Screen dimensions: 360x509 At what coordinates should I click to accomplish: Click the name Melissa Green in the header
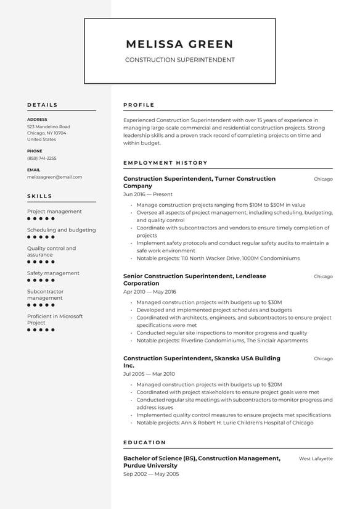point(179,44)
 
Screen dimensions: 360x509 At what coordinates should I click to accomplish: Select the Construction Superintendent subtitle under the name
point(179,60)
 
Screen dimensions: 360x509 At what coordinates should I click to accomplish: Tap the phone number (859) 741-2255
point(42,158)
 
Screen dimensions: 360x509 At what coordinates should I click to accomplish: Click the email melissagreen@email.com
point(54,176)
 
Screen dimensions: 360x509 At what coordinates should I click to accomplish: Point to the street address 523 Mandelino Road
point(49,126)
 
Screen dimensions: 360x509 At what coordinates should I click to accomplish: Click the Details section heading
point(43,105)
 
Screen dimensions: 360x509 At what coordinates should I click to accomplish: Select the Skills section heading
point(40,196)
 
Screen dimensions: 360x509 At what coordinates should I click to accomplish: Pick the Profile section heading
point(139,105)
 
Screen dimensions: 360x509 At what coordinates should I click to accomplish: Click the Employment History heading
point(165,163)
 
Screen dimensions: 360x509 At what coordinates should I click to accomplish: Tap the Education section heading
point(145,442)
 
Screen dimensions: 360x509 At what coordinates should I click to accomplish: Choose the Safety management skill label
point(53,273)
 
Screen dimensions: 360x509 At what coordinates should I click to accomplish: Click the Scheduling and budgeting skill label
point(62,230)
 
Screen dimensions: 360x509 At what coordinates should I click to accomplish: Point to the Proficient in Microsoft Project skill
point(55,320)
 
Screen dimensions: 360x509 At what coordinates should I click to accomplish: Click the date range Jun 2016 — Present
point(148,194)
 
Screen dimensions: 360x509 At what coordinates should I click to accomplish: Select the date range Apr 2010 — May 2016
point(150,291)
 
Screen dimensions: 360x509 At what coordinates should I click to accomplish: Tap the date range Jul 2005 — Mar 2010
point(149,374)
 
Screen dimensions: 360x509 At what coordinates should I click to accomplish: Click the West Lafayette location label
point(316,459)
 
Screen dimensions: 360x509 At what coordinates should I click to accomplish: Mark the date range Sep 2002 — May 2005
point(151,474)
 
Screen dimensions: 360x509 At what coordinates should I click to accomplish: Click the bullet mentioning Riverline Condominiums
point(222,341)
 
